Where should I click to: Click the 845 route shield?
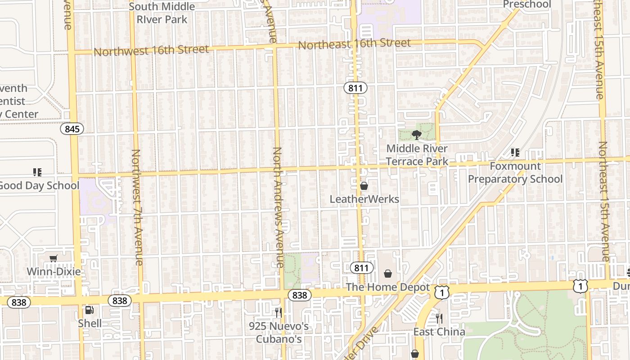[x=72, y=129]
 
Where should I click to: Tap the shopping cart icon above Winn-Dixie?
[x=54, y=258]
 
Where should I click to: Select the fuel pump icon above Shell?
[x=90, y=310]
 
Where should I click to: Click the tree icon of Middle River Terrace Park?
[x=417, y=134]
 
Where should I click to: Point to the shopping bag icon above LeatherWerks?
[x=364, y=185]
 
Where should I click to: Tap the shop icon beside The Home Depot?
[x=388, y=273]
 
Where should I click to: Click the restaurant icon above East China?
[x=439, y=319]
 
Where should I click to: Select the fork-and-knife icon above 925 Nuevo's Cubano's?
[x=279, y=312]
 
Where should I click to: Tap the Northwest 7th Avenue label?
[x=137, y=207]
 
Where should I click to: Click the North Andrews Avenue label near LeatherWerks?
[x=278, y=207]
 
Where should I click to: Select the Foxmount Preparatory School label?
[x=515, y=173]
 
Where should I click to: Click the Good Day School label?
[x=39, y=185]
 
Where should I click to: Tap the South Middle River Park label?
[x=162, y=13]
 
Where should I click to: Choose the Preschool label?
[x=526, y=4]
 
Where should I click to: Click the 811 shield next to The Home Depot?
[x=361, y=268]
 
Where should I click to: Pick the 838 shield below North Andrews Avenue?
[x=299, y=295]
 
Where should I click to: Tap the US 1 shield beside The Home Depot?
[x=442, y=292]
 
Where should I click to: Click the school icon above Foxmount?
[x=515, y=153]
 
